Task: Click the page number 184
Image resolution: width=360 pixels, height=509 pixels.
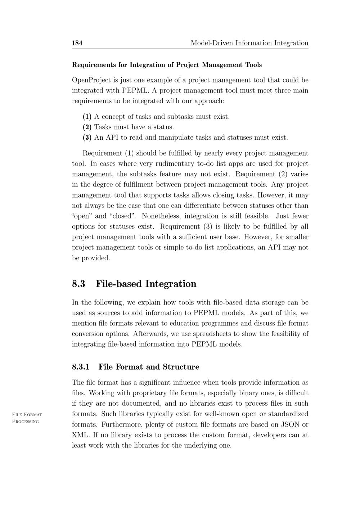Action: point(77,43)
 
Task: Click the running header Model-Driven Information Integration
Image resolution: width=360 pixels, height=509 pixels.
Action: point(249,43)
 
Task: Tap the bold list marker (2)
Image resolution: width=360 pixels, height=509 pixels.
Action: point(87,127)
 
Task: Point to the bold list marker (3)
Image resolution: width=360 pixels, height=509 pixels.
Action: point(87,138)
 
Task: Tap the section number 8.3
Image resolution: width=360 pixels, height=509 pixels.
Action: point(78,284)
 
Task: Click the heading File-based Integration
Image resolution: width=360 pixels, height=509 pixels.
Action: point(146,284)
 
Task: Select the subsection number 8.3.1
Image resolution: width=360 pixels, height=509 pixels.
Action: point(81,367)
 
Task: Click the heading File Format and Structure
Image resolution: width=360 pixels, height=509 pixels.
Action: point(149,367)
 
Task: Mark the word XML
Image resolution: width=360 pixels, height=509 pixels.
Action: point(81,435)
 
